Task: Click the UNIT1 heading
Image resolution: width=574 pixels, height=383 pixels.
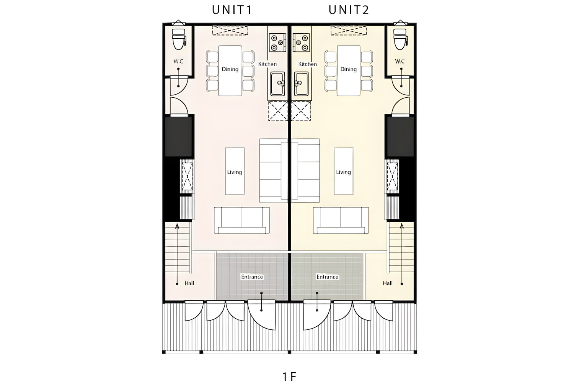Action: (x=232, y=10)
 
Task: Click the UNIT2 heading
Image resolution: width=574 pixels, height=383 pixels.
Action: (x=349, y=10)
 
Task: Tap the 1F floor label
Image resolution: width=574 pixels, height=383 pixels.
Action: (x=289, y=377)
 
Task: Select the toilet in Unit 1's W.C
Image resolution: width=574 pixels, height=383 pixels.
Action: (x=179, y=39)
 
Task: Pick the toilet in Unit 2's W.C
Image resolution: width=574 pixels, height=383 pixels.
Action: (x=400, y=39)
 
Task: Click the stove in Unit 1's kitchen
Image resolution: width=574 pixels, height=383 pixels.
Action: (x=277, y=43)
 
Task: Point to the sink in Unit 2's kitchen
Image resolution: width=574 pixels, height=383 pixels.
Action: (x=301, y=83)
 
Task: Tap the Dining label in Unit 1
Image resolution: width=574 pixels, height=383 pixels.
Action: (x=230, y=69)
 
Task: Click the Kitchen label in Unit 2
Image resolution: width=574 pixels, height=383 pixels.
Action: (x=308, y=64)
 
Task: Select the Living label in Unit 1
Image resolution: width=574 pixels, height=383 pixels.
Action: (x=235, y=172)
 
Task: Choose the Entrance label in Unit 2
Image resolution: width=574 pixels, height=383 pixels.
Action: (x=327, y=277)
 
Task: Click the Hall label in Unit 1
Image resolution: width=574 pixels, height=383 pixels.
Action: (x=189, y=283)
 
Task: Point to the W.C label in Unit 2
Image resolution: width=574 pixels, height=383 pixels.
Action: (x=400, y=61)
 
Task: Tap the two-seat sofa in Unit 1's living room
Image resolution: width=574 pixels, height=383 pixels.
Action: (x=241, y=220)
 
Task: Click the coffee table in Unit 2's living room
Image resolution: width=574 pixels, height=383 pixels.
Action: (x=343, y=171)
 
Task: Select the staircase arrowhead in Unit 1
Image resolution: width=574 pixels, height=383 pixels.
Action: (x=177, y=226)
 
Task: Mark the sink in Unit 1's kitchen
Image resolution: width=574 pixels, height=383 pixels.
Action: (x=277, y=83)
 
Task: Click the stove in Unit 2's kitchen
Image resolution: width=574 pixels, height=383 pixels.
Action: (x=301, y=43)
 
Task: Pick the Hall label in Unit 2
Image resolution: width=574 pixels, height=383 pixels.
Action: (x=388, y=283)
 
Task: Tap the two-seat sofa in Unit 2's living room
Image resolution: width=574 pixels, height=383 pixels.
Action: (x=341, y=220)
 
